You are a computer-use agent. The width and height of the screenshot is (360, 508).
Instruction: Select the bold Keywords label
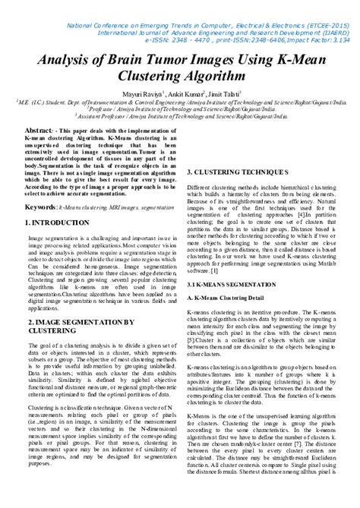pos(41,207)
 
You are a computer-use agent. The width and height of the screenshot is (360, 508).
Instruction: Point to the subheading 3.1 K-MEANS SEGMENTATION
pos(231,283)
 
